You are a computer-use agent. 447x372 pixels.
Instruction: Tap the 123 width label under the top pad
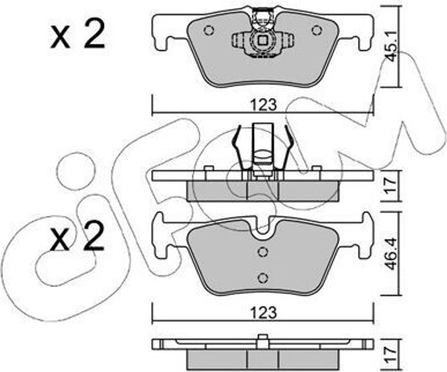point(264,105)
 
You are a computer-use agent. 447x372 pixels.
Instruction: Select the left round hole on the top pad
point(209,30)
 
